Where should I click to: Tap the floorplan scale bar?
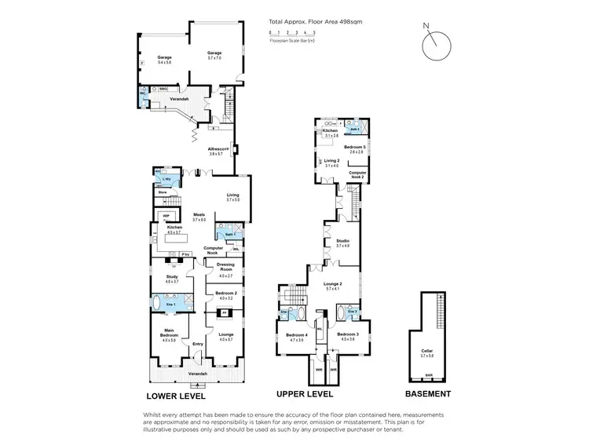[x=292, y=34]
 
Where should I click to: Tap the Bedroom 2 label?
[x=225, y=293]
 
